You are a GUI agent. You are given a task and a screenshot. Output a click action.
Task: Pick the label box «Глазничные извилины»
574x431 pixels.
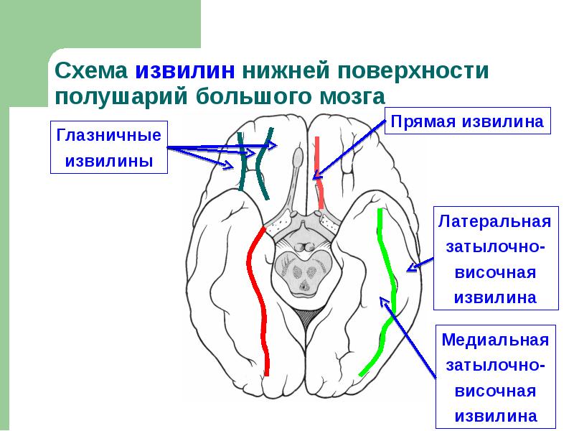pyautogui.click(x=109, y=148)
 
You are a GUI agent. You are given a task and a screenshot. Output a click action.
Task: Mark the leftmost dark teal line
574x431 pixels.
pyautogui.click(x=243, y=162)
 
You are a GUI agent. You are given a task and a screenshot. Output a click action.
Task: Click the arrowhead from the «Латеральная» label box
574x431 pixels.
pyautogui.click(x=410, y=270)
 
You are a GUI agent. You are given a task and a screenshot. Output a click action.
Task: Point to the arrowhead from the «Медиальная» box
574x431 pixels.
pyautogui.click(x=385, y=302)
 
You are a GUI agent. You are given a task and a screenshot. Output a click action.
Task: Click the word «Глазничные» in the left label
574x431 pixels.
pyautogui.click(x=109, y=136)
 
